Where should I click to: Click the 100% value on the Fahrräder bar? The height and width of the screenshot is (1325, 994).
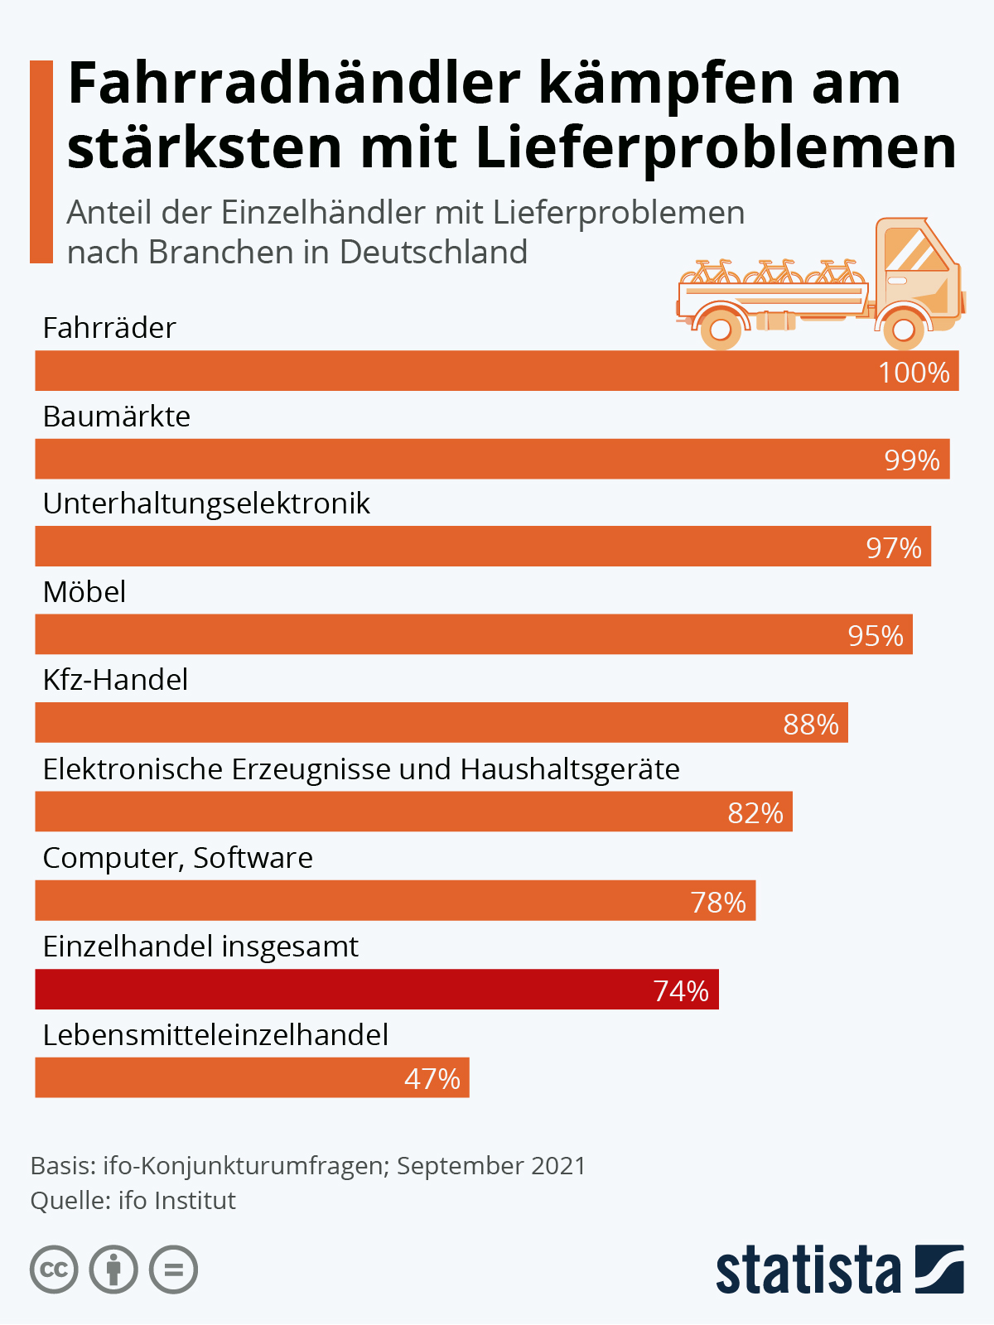coord(914,373)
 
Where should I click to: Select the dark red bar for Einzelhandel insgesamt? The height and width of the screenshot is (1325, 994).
coord(377,989)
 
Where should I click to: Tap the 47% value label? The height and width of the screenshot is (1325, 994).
coord(432,1079)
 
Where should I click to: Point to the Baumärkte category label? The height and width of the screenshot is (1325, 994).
coord(117,416)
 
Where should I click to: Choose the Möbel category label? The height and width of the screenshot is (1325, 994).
coord(84,592)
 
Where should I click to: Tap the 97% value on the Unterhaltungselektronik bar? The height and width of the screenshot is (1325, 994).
coord(894,548)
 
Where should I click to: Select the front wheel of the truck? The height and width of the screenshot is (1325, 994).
coord(903,330)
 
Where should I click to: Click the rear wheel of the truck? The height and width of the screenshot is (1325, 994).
coord(721,330)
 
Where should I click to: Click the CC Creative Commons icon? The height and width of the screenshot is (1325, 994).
coord(54,1270)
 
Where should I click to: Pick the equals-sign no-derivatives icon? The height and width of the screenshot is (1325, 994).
coord(173,1270)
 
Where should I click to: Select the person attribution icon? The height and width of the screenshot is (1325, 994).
coord(113,1270)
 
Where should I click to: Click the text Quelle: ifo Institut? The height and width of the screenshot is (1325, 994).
coord(133,1201)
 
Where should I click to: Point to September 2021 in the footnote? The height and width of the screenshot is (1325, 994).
coord(491,1166)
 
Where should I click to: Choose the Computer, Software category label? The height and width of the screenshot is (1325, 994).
coord(178,858)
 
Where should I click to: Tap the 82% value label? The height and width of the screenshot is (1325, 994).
coord(755,813)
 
